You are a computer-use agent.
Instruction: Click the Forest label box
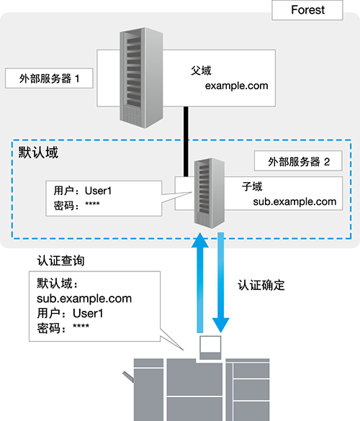307,10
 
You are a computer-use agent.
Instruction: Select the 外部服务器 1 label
49,78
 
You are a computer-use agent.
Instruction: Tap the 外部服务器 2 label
298,160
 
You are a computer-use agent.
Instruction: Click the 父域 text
201,71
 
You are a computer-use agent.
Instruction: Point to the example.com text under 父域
236,86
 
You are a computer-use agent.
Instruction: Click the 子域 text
252,186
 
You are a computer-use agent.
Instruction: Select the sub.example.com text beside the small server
294,202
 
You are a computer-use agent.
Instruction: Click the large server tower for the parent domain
141,78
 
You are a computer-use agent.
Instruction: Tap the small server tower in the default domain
210,193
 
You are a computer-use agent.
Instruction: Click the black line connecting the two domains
186,142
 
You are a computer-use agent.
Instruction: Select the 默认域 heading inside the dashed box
38,153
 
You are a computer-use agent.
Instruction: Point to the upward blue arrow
200,283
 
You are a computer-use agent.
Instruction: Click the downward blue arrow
220,283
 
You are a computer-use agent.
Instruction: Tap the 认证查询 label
60,261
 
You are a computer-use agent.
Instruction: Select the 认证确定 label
261,285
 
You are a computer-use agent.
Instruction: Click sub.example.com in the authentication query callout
84,299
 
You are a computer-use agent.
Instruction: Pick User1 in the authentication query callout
88,313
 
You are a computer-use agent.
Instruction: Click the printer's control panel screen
210,345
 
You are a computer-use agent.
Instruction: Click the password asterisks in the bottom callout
81,326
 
